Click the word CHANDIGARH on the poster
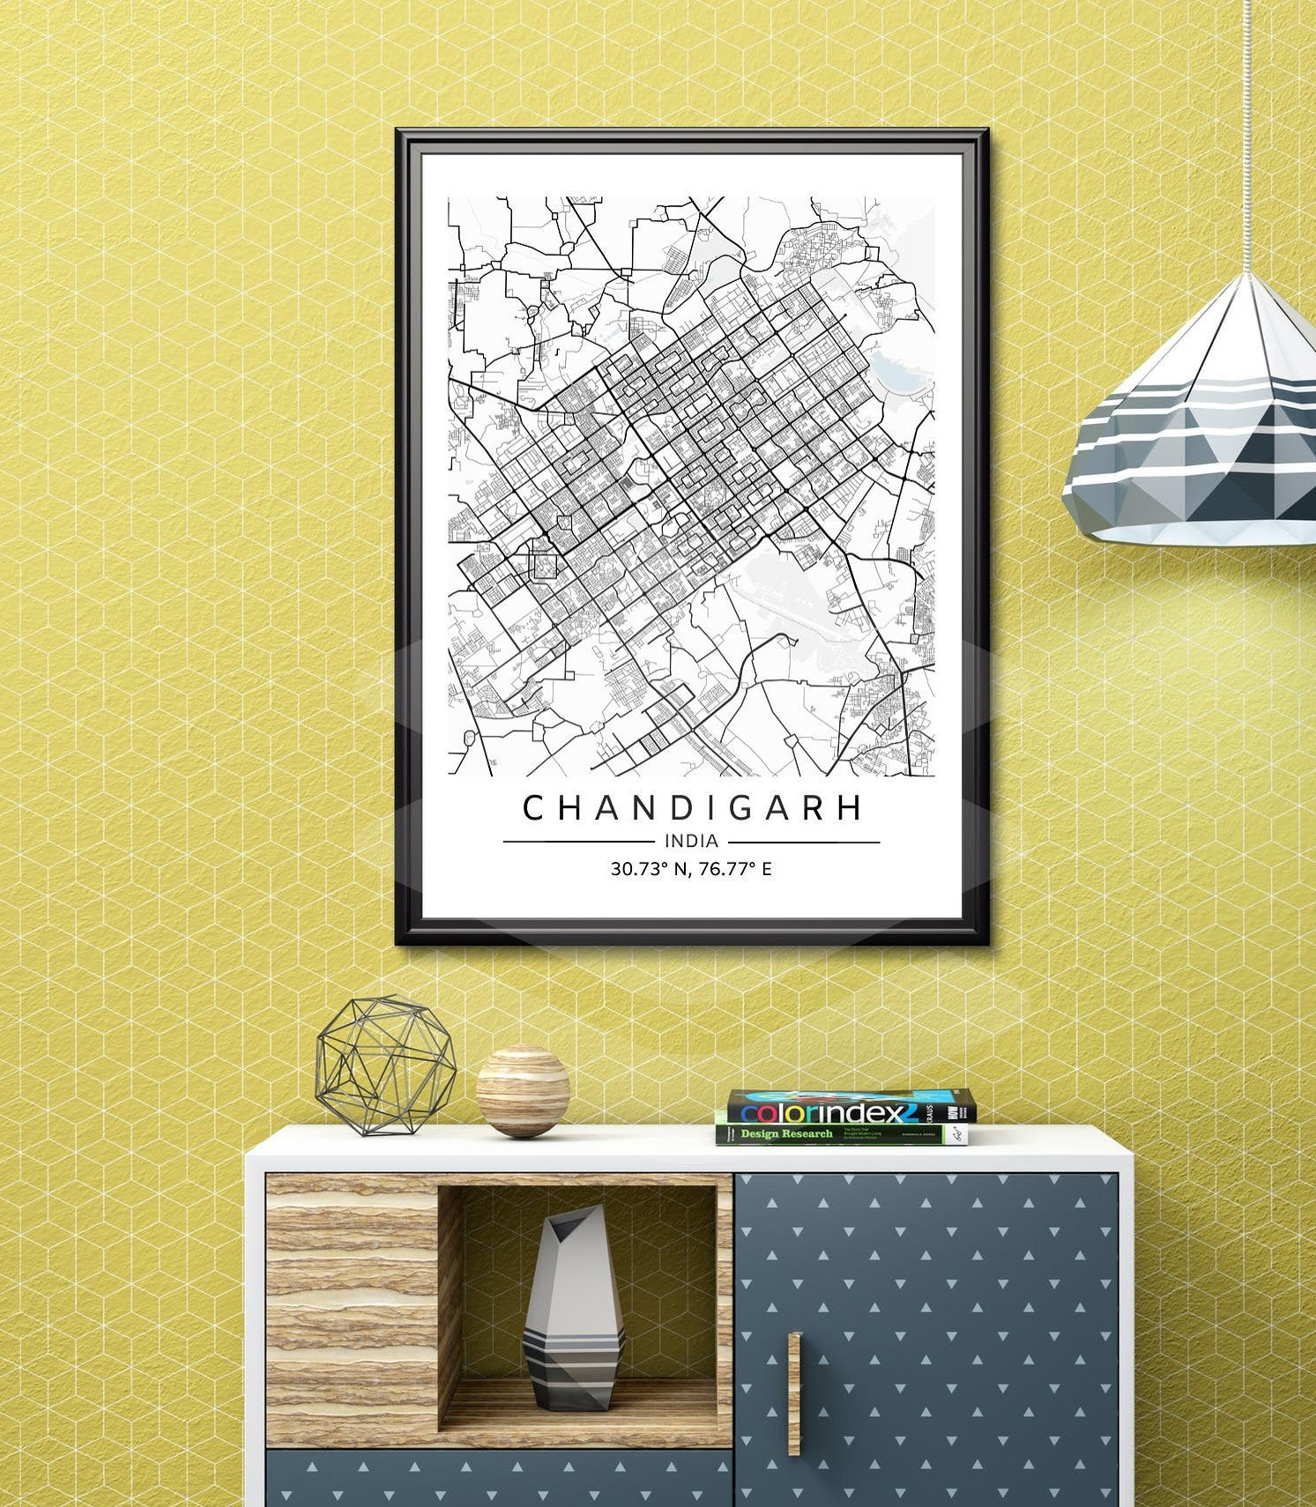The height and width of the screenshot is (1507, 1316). tap(692, 808)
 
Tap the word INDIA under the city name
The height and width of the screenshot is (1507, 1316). tap(692, 842)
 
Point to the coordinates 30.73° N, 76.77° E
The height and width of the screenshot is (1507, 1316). tap(692, 869)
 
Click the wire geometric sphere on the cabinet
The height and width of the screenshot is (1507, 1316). tap(385, 1065)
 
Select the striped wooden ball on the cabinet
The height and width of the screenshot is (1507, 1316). tap(523, 1090)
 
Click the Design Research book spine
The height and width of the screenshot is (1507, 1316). tap(837, 1134)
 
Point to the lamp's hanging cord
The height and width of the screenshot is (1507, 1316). tap(1249, 132)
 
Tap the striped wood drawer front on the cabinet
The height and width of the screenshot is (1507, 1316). tap(351, 1309)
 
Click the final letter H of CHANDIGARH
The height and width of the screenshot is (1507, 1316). tap(850, 808)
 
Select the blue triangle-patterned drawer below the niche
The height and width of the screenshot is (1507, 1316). tap(498, 1479)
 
